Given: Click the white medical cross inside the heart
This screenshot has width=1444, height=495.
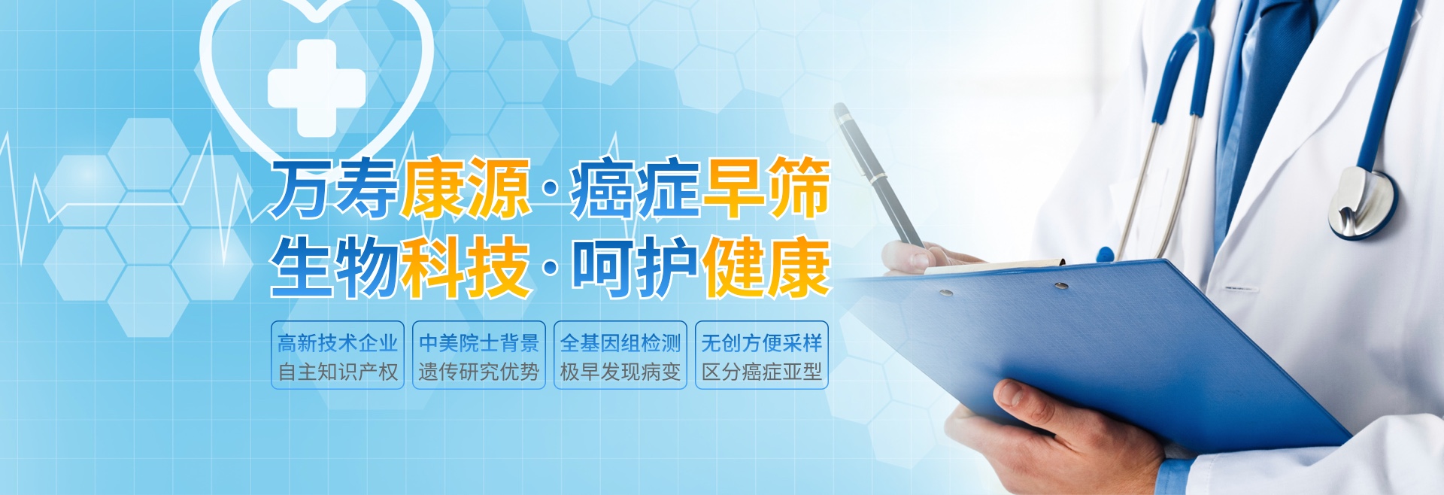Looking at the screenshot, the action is coord(317,87).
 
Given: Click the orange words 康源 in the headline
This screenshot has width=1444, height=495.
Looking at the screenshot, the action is coord(465,188).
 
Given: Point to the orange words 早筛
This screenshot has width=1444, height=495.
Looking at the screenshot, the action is coord(766,188).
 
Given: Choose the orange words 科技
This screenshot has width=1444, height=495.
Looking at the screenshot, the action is coord(465,267).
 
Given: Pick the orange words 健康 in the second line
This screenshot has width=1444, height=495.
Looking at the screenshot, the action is coord(766,267).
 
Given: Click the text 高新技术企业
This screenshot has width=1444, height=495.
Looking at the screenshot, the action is coord(338,343).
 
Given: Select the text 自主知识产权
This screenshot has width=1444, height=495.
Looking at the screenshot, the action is coord(338,372).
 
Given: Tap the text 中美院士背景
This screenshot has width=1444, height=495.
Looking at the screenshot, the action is coord(479,343).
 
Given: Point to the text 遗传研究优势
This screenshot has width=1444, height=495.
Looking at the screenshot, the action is coord(479,372).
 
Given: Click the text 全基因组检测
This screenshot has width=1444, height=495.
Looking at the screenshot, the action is coord(620,343).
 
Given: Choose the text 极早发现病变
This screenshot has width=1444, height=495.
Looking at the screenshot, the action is coord(620,372).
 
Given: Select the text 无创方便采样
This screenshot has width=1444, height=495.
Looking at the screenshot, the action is coord(762,343).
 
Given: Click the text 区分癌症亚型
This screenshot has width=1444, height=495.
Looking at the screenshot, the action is coord(762,372).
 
